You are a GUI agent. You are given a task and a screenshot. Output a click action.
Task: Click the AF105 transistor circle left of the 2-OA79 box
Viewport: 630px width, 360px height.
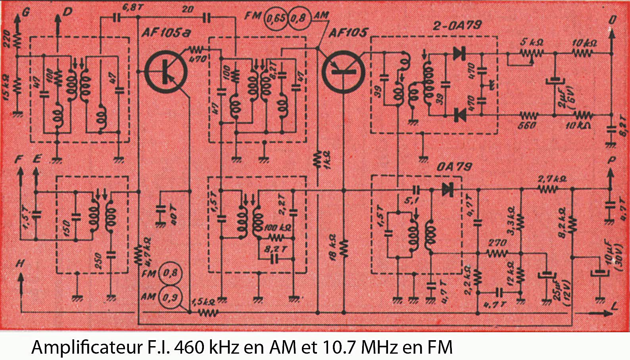[x=342, y=72]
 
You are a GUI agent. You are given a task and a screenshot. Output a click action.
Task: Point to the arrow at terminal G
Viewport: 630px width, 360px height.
[x=17, y=19]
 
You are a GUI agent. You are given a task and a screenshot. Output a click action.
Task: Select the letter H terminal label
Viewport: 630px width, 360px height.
[x=20, y=264]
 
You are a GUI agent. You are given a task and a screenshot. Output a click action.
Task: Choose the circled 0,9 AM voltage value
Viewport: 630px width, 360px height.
[x=170, y=297]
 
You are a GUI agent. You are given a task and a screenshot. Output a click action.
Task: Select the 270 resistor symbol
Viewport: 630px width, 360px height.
[x=497, y=252]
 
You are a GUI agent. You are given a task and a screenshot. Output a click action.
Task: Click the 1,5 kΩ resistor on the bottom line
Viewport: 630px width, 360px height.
[x=207, y=312]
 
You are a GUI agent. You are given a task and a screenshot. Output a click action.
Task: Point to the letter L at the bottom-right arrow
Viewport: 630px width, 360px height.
[x=614, y=306]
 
